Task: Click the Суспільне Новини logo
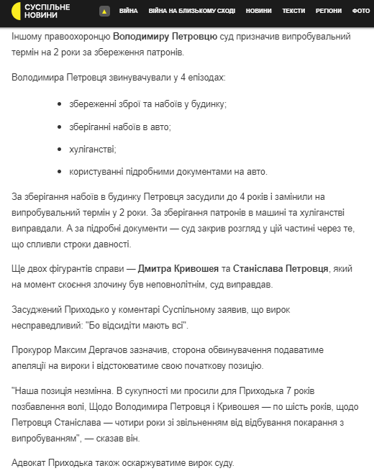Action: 40,11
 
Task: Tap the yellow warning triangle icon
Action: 104,12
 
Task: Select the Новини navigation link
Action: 259,12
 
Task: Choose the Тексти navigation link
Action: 293,12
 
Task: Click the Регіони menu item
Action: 328,12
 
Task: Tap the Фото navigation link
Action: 361,12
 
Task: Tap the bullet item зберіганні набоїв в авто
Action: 120,127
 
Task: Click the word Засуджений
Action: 40,309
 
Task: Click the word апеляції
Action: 35,366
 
